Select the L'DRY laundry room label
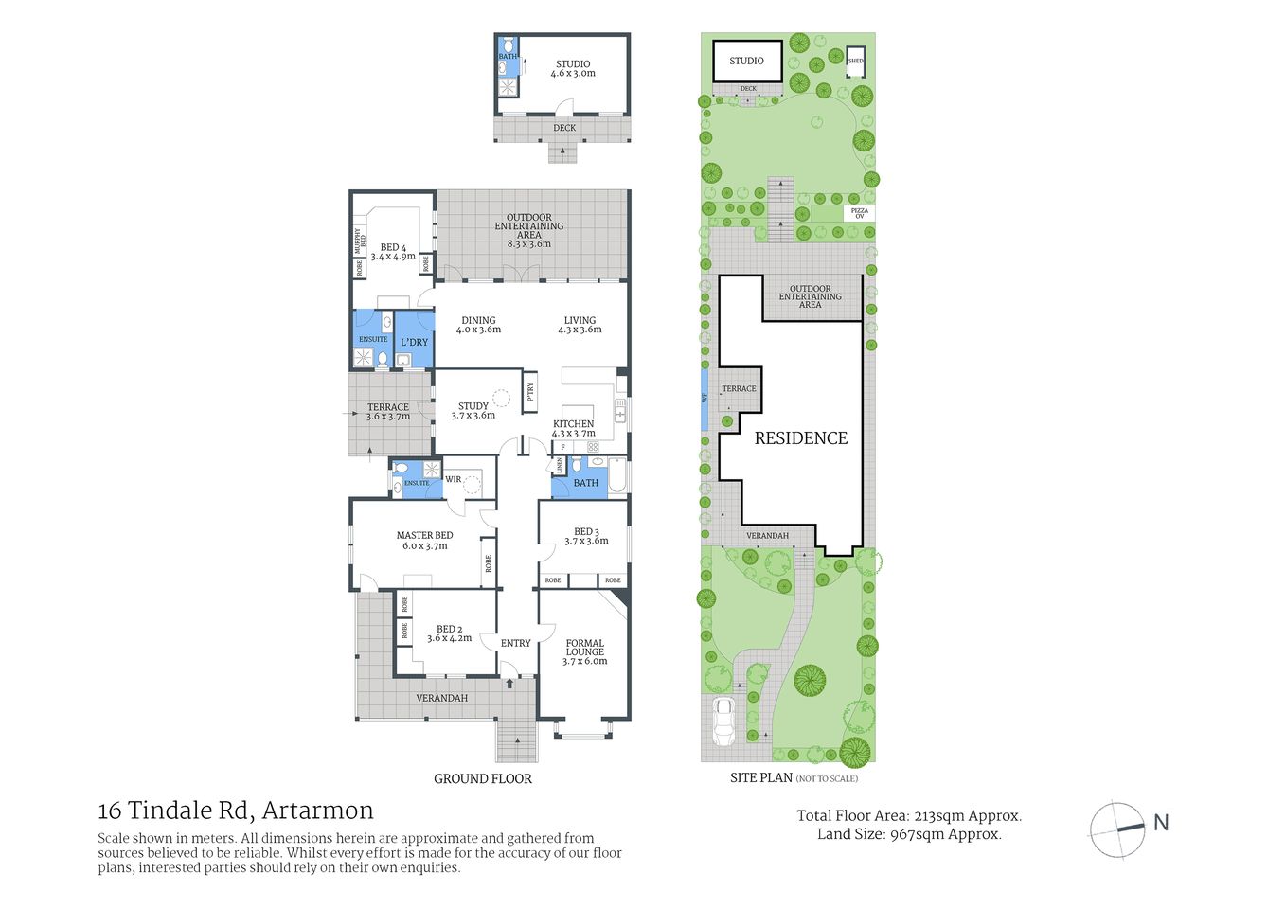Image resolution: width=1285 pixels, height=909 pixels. pos(414,342)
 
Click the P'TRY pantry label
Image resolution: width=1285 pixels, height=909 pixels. pos(530,390)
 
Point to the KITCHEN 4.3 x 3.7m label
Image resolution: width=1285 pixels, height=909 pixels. pos(574,428)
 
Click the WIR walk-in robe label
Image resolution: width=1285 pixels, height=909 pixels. pos(454,479)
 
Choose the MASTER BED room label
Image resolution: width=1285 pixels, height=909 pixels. pos(424,540)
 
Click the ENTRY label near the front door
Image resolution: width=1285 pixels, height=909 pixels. pos(515,643)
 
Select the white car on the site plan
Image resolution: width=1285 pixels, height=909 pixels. pos(723,722)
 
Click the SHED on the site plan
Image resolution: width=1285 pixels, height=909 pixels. pos(855,61)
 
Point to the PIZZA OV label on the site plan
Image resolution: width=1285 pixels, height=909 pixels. pos(859,213)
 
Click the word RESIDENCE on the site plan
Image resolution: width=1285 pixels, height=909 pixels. pos(800,437)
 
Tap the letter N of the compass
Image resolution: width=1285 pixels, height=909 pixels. pos(1161,823)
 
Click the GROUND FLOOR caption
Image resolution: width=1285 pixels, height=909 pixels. pos(482,778)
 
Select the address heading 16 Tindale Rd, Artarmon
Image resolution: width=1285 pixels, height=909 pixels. pos(236,811)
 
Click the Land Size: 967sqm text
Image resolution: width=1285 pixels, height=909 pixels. pos(909,834)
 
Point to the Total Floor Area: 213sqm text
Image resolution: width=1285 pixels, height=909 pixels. pos(909,815)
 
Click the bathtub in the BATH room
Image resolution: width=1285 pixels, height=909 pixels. pos(616,476)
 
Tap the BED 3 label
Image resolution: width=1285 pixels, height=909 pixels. pos(586,536)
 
